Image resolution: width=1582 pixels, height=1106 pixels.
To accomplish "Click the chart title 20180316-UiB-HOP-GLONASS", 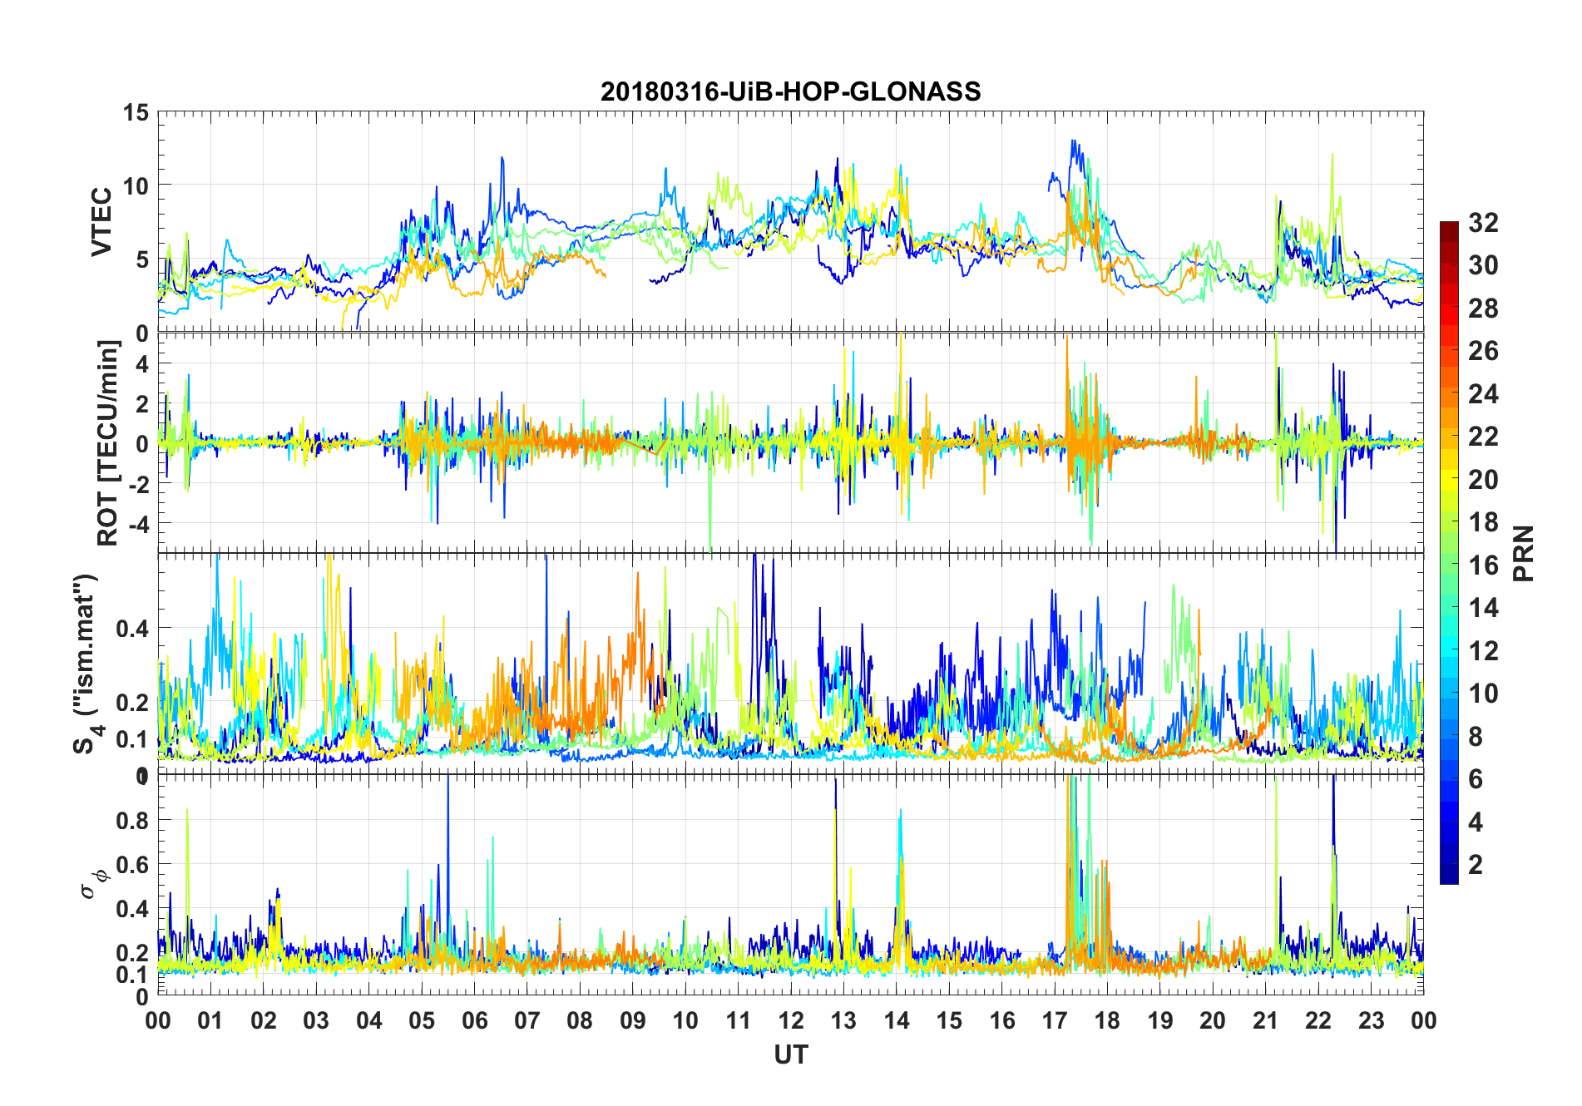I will click(x=790, y=91).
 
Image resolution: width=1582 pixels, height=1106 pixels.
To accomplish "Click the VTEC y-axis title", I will click(x=101, y=222).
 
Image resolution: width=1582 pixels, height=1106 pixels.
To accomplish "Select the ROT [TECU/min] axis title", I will click(x=108, y=442).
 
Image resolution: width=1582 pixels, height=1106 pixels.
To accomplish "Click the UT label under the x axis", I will click(x=790, y=1055).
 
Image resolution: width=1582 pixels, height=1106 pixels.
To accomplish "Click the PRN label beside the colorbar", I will click(x=1524, y=553).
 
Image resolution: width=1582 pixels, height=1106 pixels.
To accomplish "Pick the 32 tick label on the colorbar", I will click(x=1483, y=223).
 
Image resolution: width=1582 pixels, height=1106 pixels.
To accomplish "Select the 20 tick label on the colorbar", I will click(x=1483, y=480).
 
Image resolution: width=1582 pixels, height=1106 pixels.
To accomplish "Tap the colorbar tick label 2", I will click(x=1476, y=865).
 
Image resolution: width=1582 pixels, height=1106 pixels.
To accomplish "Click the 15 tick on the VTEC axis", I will click(x=136, y=112).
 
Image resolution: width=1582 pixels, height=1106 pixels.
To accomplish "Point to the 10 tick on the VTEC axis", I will click(x=136, y=185).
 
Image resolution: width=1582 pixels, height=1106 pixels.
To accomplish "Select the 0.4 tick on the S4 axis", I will click(x=132, y=628).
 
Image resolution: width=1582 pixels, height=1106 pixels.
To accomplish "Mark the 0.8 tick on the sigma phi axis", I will click(x=132, y=820).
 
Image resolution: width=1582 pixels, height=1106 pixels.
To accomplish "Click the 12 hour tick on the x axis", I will click(x=791, y=1021).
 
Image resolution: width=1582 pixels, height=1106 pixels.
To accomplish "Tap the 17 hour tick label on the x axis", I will click(x=1055, y=1021).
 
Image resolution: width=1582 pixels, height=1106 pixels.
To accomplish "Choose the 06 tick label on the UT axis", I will click(x=474, y=1021).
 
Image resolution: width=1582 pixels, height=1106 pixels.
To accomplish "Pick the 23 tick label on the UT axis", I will click(x=1371, y=1021).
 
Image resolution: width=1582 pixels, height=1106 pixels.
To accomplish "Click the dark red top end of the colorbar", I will click(x=1449, y=226).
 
